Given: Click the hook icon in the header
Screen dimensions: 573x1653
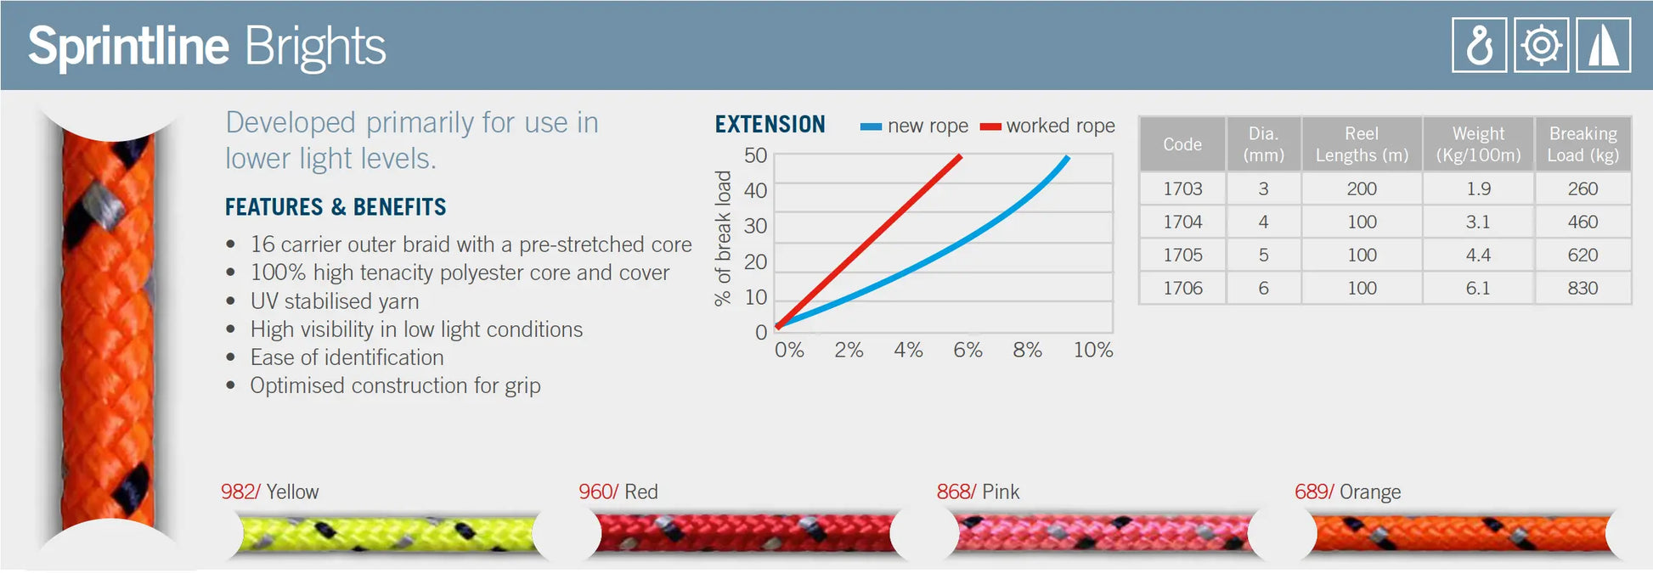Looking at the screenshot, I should [x=1479, y=45].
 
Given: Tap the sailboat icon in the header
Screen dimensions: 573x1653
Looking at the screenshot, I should [x=1603, y=45].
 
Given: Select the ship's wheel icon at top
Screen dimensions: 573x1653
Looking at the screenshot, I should [x=1541, y=45].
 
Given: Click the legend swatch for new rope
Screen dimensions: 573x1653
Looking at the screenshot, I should [x=871, y=126].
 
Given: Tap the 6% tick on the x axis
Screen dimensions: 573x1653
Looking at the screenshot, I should [x=968, y=350].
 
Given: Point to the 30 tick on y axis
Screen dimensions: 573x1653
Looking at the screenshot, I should [x=755, y=226].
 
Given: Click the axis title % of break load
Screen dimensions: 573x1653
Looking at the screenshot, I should [x=723, y=238].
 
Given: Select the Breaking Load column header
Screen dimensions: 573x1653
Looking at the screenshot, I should [x=1582, y=144].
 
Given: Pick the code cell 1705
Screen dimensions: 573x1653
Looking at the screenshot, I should [x=1182, y=255].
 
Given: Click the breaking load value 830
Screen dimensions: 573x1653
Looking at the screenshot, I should [x=1582, y=288].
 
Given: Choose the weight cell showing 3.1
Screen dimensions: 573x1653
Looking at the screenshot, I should [x=1477, y=222].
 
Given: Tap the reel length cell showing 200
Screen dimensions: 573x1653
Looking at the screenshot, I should [x=1362, y=188].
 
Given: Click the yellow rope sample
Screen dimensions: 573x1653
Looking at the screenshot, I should [x=386, y=534].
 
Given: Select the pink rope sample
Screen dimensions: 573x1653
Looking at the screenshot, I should [x=1103, y=534].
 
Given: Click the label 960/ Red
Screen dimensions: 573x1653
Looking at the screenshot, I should [x=618, y=492].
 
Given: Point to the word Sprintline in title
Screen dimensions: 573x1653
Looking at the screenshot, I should [x=128, y=46].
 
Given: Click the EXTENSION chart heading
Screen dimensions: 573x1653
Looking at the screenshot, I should [x=770, y=125].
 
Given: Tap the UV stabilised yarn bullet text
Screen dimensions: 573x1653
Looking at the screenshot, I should [x=334, y=301].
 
